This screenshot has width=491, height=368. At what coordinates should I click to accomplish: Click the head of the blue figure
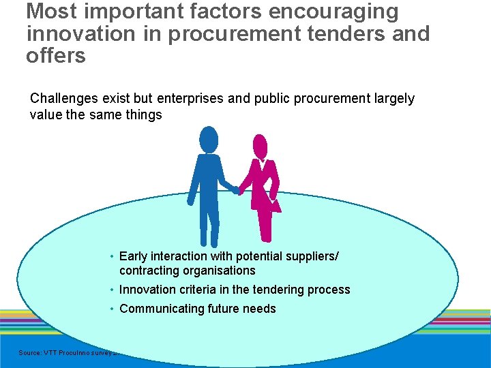[x=209, y=140]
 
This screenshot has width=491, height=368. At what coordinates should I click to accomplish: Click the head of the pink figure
[x=261, y=145]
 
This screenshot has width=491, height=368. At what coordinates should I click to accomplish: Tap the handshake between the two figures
[x=235, y=189]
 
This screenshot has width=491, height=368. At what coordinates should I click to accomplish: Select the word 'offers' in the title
[x=56, y=55]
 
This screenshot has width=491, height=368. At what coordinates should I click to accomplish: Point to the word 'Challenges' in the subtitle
[x=63, y=98]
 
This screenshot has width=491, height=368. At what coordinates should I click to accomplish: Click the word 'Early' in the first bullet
[x=134, y=256]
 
